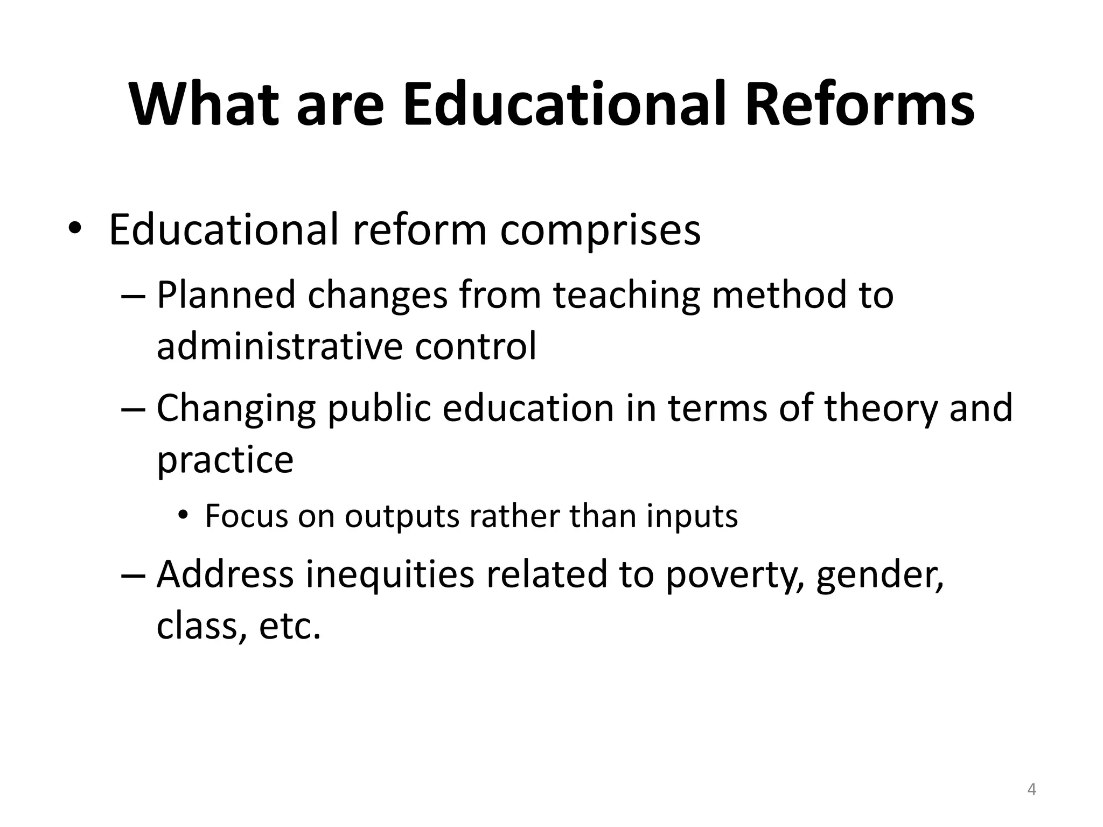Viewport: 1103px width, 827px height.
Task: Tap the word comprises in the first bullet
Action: click(600, 230)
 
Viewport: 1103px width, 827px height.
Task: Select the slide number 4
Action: click(1031, 790)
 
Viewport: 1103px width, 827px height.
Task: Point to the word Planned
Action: click(226, 295)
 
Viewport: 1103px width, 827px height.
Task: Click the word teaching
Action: click(626, 296)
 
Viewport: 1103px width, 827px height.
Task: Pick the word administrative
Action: click(279, 346)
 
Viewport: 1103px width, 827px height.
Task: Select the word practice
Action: click(225, 460)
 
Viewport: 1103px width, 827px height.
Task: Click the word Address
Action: click(225, 574)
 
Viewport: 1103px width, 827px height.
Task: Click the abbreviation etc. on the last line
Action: click(290, 626)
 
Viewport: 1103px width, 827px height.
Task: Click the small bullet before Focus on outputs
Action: click(184, 516)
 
